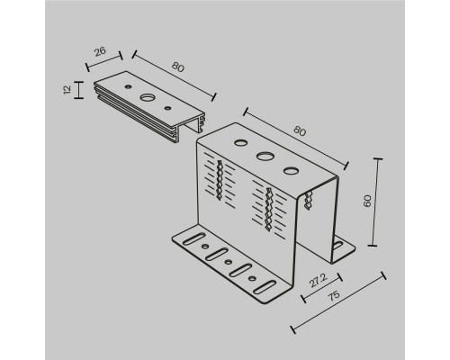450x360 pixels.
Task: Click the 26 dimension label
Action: pos(100,51)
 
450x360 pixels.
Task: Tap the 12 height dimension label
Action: pos(67,89)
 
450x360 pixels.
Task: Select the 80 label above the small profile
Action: pos(178,67)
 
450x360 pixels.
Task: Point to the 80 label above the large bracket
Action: pos(300,131)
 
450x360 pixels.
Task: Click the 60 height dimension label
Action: pos(367,201)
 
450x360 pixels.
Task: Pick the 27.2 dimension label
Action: pos(319,281)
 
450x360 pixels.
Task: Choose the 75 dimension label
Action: pos(333,295)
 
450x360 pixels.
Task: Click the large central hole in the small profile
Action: pos(148,97)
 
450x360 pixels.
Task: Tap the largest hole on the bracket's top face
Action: pos(265,157)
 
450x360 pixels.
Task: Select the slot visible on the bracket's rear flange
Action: pos(337,245)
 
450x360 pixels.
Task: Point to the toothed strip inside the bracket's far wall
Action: pos(308,201)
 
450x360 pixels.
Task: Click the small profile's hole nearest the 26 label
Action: pos(128,86)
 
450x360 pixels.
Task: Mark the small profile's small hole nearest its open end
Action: pos(167,107)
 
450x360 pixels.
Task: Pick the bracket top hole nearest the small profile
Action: pos(240,142)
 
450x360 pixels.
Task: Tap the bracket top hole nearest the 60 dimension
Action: pos(291,171)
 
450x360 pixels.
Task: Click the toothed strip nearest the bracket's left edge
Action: pos(220,180)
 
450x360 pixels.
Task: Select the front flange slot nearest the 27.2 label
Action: pos(265,287)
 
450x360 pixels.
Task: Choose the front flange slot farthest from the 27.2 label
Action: pos(194,238)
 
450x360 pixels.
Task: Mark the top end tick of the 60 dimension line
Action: pos(377,159)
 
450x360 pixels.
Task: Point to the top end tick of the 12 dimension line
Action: pos(78,82)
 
